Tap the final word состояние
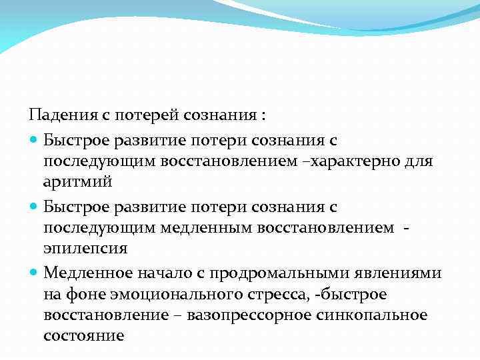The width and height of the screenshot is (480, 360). (x=84, y=335)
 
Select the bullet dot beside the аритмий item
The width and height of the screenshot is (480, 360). (x=34, y=140)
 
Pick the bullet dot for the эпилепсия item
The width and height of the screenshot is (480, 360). (x=34, y=207)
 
